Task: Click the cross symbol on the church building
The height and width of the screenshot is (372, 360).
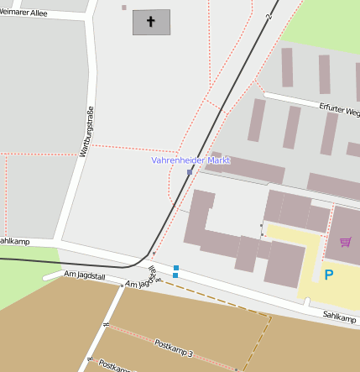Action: coord(151,22)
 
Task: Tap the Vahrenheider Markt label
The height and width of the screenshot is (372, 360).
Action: coord(190,160)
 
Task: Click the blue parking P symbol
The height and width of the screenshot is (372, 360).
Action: coord(329,275)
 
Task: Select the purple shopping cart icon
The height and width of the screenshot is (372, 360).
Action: coord(345,242)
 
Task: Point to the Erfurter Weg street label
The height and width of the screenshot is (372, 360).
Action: coord(340,111)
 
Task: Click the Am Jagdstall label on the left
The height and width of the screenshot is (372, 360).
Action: coord(86,275)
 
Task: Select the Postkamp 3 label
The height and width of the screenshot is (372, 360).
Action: coord(174,348)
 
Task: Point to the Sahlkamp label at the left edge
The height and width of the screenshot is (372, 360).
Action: coord(14,242)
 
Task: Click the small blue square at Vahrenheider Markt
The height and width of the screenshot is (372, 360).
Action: coord(190,172)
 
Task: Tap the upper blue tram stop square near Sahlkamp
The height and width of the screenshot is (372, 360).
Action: coord(175,267)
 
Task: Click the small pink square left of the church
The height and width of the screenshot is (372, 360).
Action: coord(124,8)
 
